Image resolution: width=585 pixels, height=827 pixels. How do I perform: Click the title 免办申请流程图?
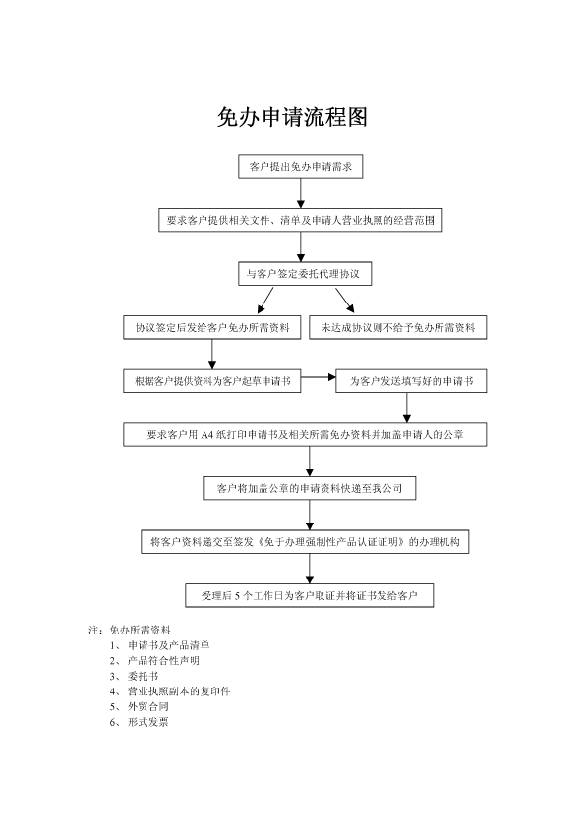tap(292, 117)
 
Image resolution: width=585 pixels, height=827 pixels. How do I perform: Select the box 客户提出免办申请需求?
tap(301, 167)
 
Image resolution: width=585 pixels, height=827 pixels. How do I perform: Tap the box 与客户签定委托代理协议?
tap(305, 274)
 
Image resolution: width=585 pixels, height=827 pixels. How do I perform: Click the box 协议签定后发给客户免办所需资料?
tap(212, 327)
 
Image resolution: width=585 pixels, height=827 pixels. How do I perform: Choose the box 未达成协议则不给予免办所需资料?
tap(397, 327)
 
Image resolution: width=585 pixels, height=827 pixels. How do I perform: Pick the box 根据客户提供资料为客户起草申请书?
tap(212, 381)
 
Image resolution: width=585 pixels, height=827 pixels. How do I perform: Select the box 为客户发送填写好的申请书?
tap(411, 381)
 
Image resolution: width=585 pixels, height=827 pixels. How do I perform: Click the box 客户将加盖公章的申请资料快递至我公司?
tap(310, 488)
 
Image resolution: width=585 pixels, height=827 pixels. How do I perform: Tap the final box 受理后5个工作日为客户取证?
tap(310, 595)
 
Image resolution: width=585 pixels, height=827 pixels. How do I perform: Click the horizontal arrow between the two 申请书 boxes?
tap(319, 377)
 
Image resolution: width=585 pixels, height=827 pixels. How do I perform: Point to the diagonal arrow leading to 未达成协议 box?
tap(345, 301)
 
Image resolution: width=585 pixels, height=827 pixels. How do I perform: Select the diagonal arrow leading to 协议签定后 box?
tap(265, 301)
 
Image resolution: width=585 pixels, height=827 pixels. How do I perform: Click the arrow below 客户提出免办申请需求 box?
tap(301, 193)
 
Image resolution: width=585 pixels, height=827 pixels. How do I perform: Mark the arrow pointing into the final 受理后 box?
tap(310, 569)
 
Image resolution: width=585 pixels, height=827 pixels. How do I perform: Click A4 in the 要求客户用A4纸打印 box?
tap(207, 435)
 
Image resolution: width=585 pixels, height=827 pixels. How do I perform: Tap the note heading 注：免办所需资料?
tap(130, 630)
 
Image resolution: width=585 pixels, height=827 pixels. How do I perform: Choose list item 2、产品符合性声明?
tap(154, 660)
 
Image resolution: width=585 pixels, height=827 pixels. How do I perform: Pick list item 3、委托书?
tap(134, 676)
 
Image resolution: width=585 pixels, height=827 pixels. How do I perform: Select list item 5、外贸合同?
tap(140, 706)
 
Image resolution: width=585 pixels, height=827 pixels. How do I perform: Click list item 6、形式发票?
tap(140, 722)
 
